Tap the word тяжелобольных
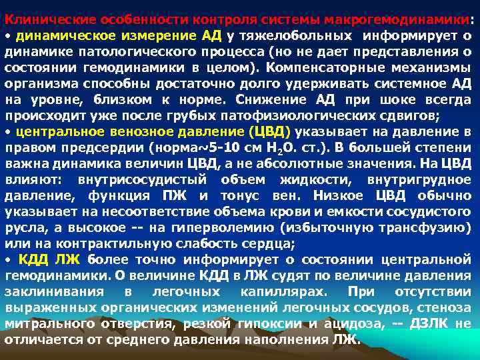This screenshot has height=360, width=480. pyautogui.click(x=287, y=36)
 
